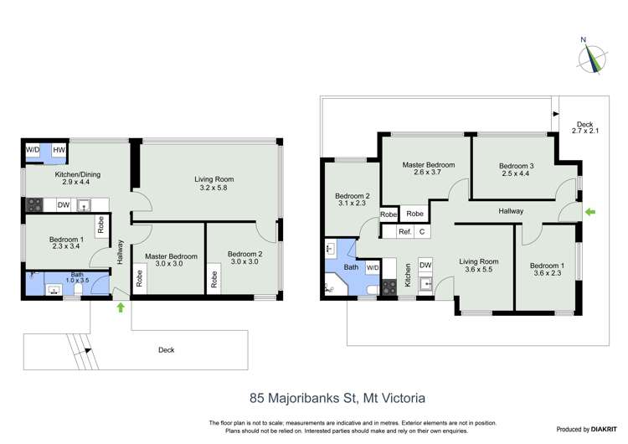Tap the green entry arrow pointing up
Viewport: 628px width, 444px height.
pyautogui.click(x=121, y=307)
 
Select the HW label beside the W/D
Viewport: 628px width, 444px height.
pyautogui.click(x=59, y=151)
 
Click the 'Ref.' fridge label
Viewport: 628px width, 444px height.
pyautogui.click(x=404, y=231)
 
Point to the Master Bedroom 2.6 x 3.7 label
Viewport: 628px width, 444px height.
pyautogui.click(x=427, y=169)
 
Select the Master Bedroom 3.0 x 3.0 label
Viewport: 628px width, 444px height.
pyautogui.click(x=170, y=261)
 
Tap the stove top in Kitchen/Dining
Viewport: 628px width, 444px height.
pyautogui.click(x=36, y=204)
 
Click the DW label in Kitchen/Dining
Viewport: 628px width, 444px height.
pyautogui.click(x=64, y=204)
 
